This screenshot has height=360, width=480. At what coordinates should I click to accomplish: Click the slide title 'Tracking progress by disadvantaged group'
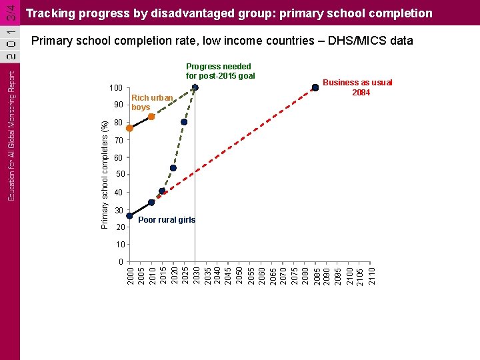[229, 13]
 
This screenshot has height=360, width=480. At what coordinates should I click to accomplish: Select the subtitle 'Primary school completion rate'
[222, 41]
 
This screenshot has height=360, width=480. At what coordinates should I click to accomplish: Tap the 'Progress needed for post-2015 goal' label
[219, 71]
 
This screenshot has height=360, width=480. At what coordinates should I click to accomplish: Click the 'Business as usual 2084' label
[358, 87]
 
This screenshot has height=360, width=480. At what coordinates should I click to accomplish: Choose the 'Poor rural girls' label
[167, 220]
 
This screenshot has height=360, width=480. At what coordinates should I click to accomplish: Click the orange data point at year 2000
[129, 128]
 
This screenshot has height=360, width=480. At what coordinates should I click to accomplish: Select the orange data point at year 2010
[151, 117]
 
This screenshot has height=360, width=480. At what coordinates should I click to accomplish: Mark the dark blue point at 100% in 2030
[195, 87]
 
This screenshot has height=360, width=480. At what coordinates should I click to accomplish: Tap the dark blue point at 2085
[315, 87]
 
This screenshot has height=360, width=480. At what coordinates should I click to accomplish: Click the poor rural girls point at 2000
[129, 216]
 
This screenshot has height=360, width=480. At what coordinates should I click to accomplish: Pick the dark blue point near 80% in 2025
[184, 122]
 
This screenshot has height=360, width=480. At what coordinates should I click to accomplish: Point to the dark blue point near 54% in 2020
[173, 168]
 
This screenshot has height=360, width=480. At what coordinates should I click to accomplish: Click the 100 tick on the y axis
[116, 88]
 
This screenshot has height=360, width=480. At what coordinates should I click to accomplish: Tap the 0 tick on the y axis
[120, 261]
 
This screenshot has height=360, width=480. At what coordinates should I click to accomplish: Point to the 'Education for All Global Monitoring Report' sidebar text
[11, 136]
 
